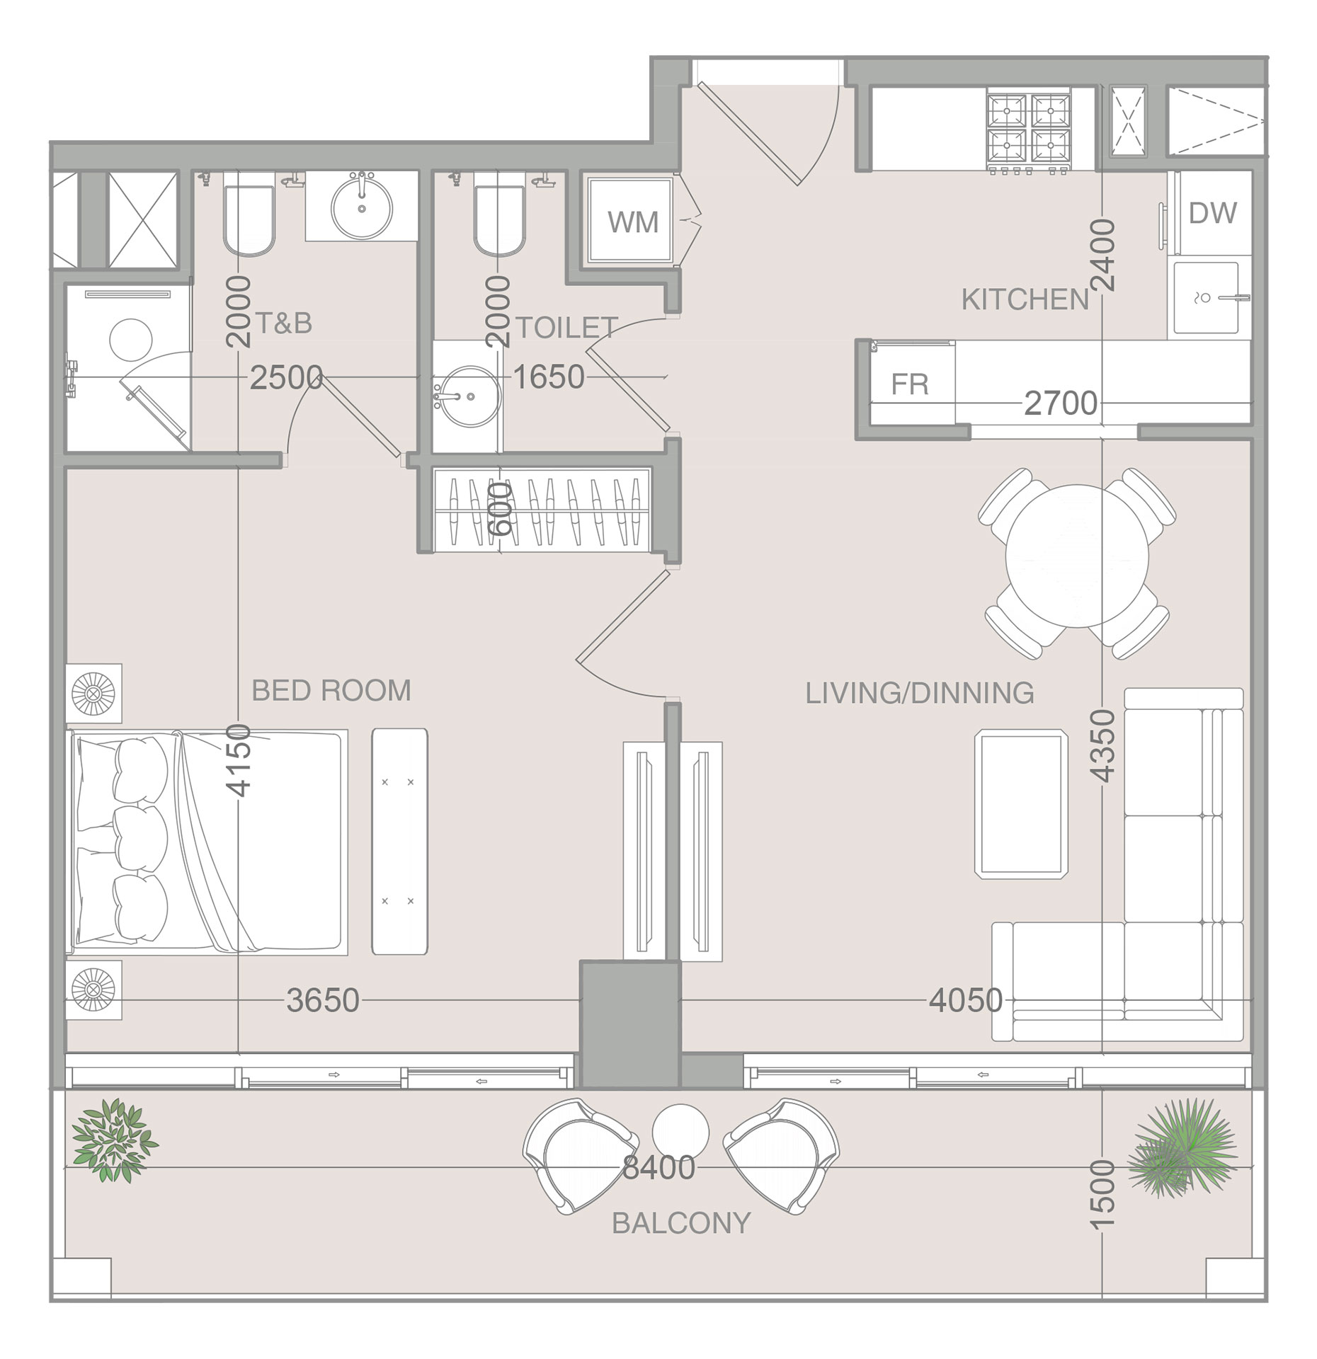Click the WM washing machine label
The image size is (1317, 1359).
632,222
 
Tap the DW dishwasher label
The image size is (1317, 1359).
1213,213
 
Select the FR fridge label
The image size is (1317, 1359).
909,384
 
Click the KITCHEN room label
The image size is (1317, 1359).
1025,300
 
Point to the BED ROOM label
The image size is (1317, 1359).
331,691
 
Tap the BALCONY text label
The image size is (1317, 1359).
681,1223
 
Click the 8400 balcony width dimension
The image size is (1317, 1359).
658,1168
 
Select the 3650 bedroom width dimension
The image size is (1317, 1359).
323,1001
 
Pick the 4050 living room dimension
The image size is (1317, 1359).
966,1001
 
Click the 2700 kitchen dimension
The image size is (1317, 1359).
1061,404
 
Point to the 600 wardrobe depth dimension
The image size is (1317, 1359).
501,508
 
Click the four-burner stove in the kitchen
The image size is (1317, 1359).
1028,132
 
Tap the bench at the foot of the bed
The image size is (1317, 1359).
400,842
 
